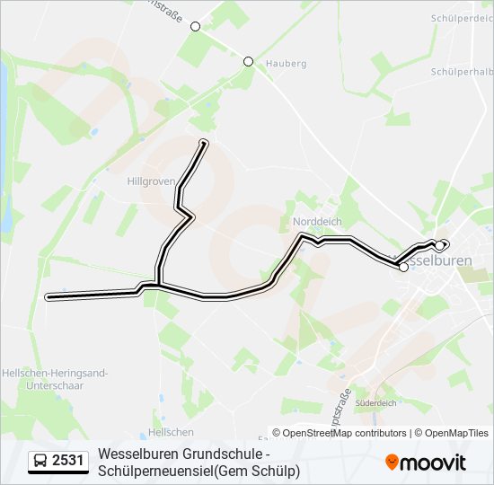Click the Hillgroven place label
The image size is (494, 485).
(x=151, y=181)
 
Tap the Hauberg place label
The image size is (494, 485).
(x=287, y=64)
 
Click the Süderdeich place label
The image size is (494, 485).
(x=376, y=403)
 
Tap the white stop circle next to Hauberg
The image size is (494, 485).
(x=249, y=62)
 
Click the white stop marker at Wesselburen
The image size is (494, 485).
(x=403, y=267)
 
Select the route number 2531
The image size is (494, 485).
(x=68, y=461)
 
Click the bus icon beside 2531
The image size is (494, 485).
(x=40, y=462)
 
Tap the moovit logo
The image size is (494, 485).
(x=426, y=463)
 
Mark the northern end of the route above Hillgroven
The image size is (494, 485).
(x=204, y=143)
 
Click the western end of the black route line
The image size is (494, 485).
(x=49, y=296)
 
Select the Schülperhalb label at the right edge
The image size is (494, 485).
(x=462, y=71)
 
